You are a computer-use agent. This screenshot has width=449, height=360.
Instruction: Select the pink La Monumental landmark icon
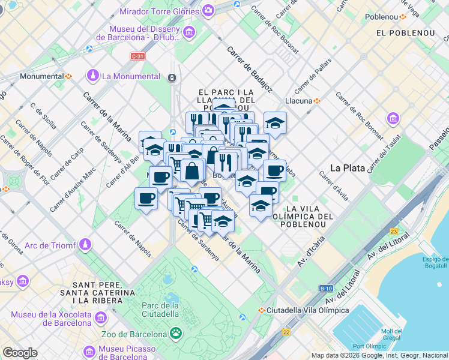tap(92, 76)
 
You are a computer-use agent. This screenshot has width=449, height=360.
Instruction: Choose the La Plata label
tap(348, 168)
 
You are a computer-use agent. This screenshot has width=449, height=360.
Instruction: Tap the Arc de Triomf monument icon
tap(86, 245)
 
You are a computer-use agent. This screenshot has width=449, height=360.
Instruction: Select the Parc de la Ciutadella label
tap(160, 310)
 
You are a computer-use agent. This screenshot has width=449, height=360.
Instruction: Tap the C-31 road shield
tap(137, 56)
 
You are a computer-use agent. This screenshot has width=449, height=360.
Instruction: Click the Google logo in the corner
tap(20, 353)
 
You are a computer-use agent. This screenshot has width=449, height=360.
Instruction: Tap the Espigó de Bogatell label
tap(435, 262)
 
